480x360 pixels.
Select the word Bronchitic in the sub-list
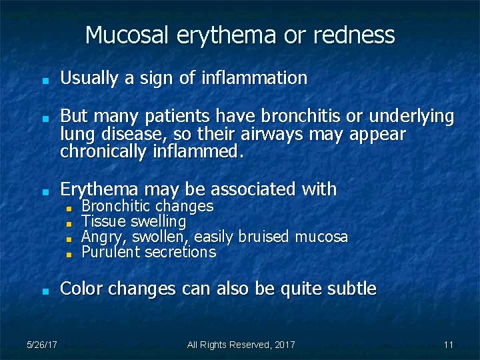[x=116, y=207]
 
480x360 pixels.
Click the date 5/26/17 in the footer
[x=42, y=345]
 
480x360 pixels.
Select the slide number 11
[x=448, y=345]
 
